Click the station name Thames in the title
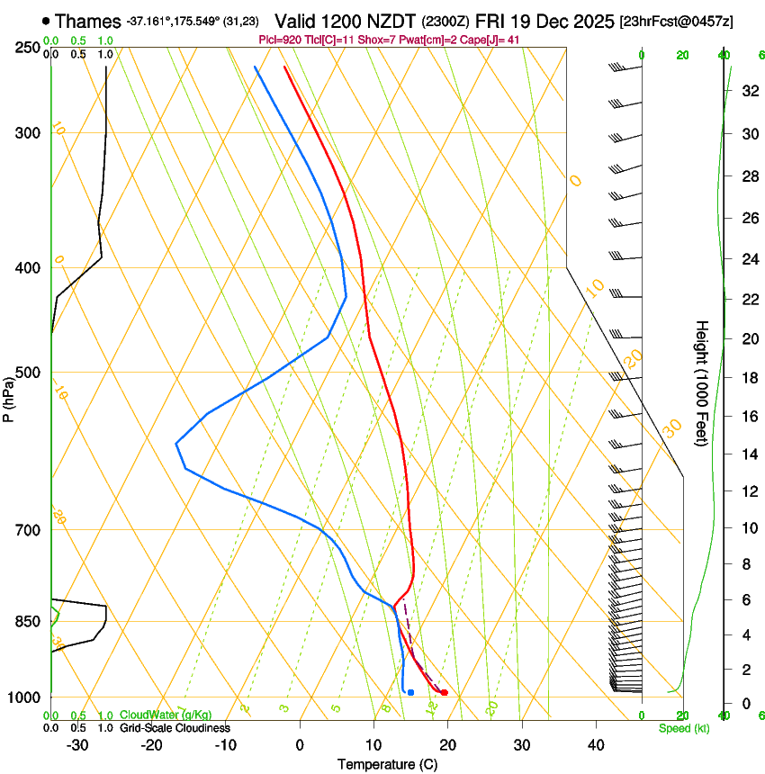pyautogui.click(x=88, y=21)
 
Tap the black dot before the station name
pyautogui.click(x=46, y=21)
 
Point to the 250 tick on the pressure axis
pyautogui.click(x=28, y=47)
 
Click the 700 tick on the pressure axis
pyautogui.click(x=28, y=530)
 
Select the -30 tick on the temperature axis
pyautogui.click(x=77, y=744)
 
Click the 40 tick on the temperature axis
pyautogui.click(x=596, y=744)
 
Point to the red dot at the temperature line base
pyautogui.click(x=445, y=692)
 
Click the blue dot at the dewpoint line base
pyautogui.click(x=410, y=692)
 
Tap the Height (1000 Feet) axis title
pyautogui.click(x=702, y=382)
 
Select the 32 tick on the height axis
pyautogui.click(x=748, y=91)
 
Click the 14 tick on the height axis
pyautogui.click(x=748, y=454)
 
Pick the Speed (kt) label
pyautogui.click(x=683, y=728)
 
